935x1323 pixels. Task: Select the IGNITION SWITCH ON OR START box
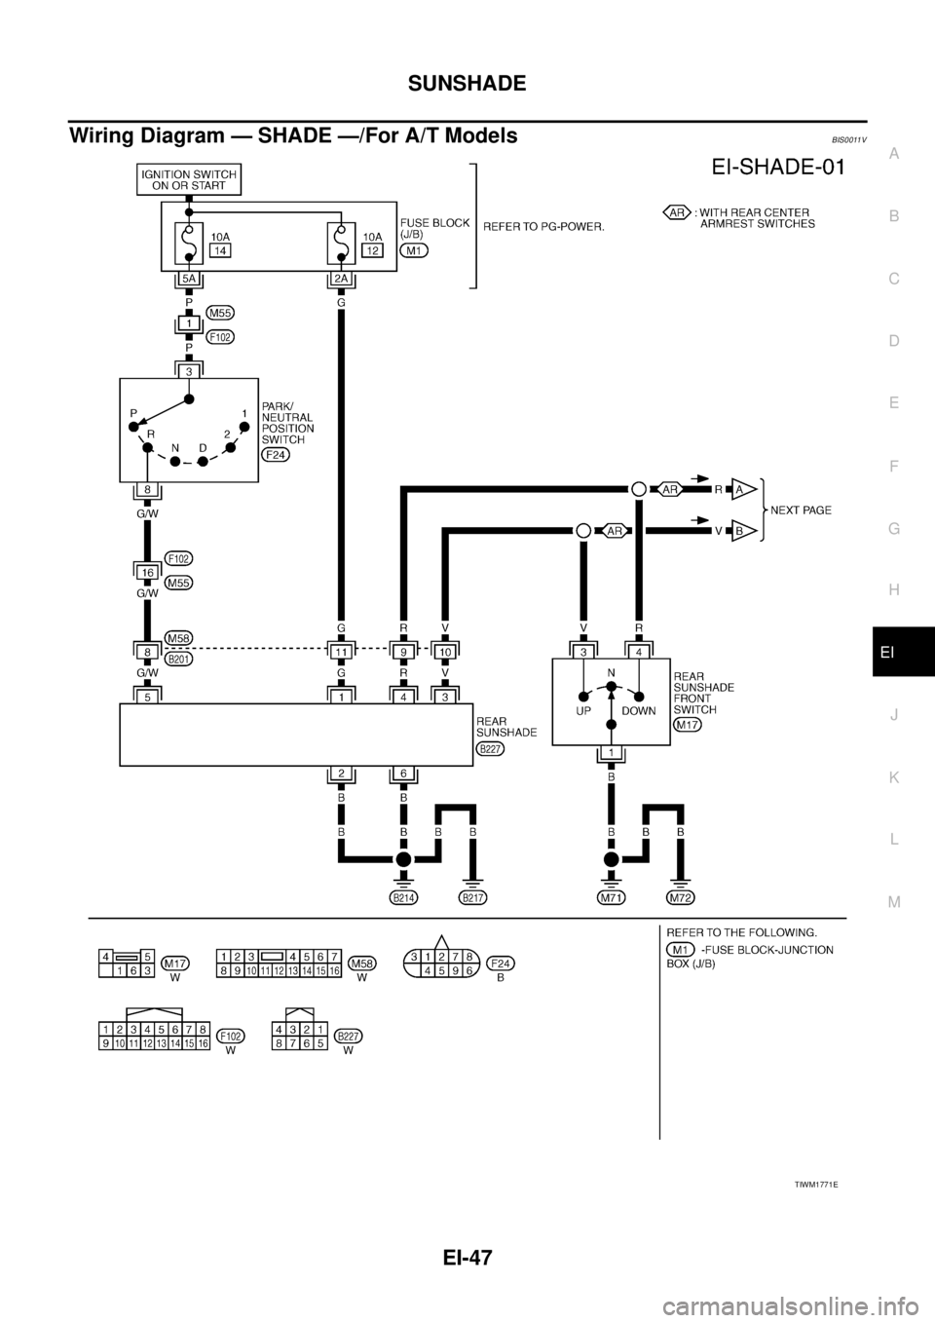189,179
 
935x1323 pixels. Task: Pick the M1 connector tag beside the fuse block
415,250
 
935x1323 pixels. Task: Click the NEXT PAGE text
800,510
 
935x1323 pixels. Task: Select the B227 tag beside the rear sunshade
490,748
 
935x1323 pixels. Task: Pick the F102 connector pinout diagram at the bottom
154,1036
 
